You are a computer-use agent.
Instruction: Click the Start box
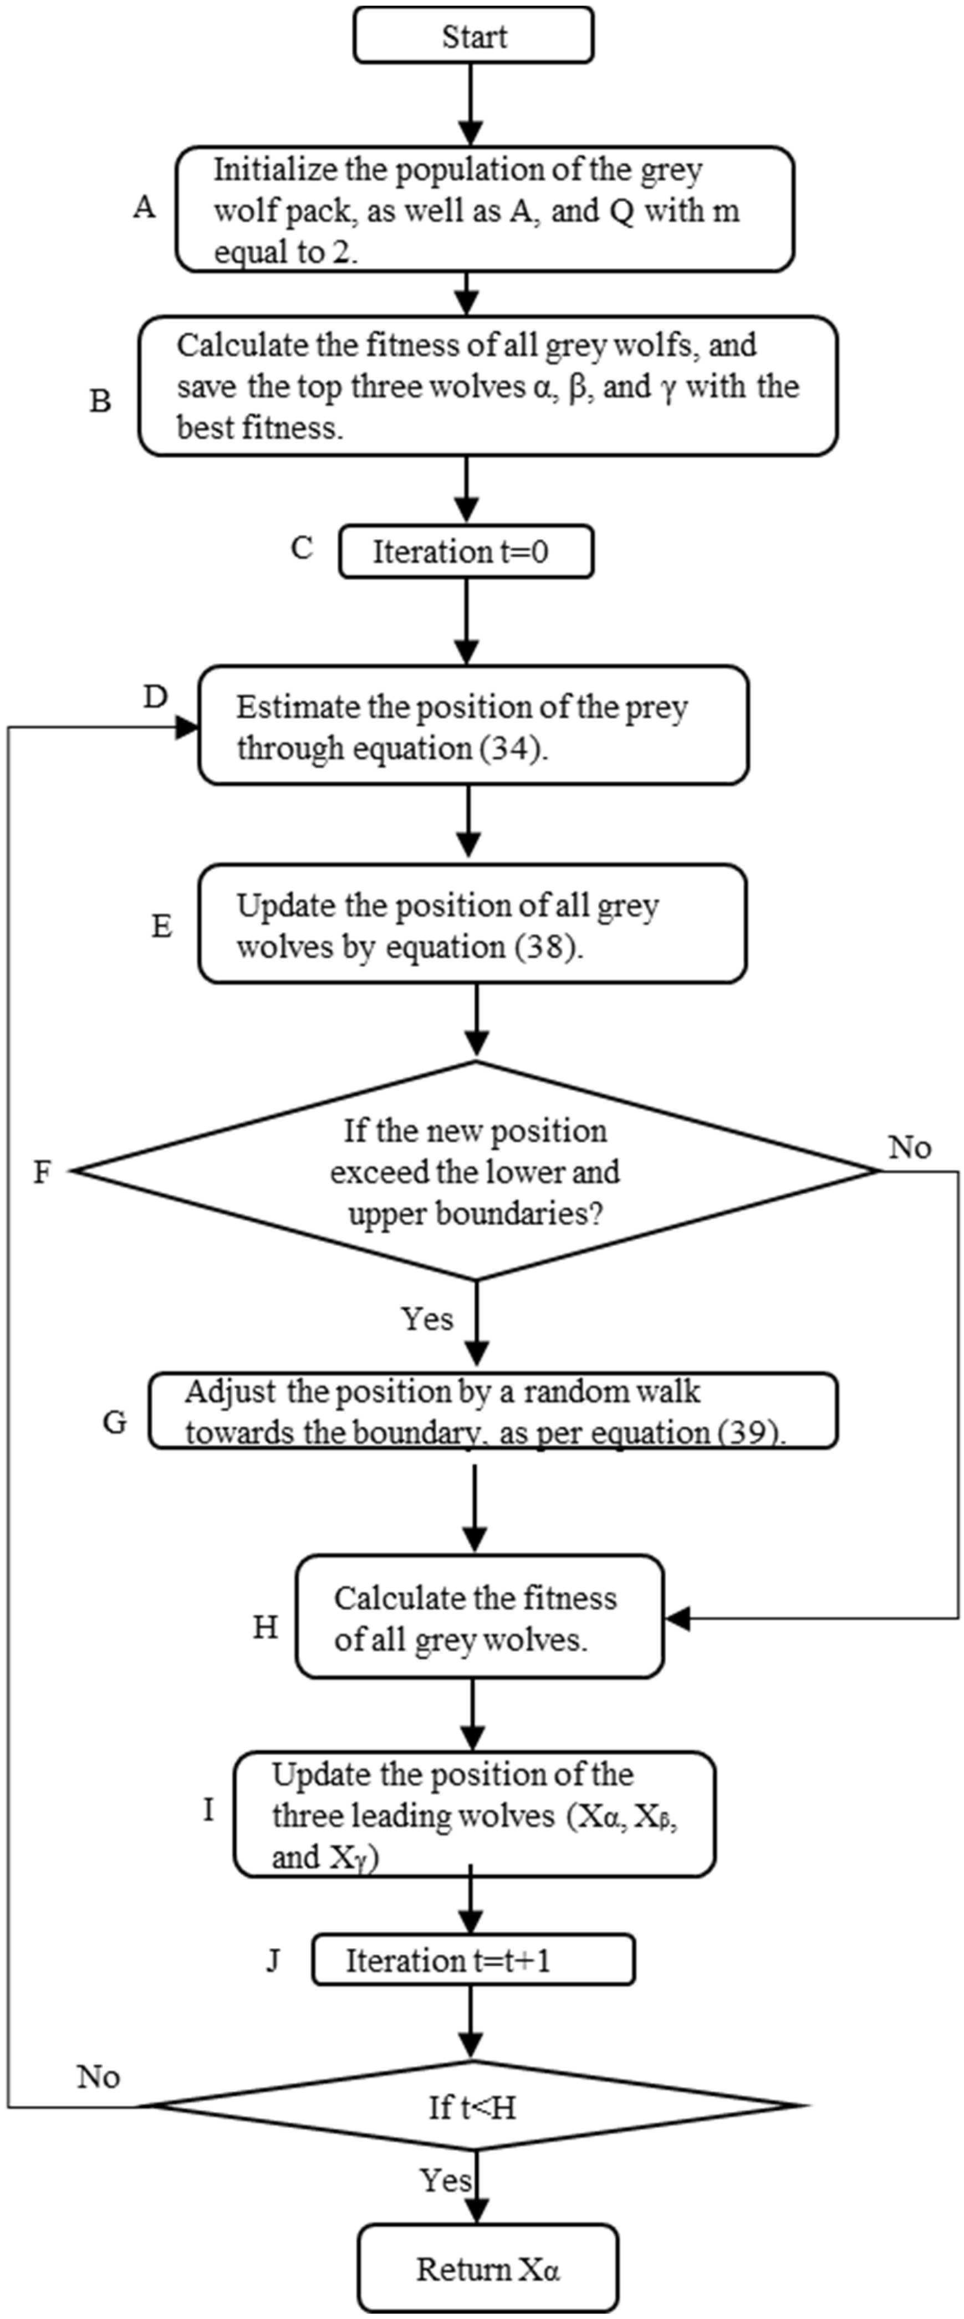[473, 36]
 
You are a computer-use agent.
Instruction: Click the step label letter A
[144, 208]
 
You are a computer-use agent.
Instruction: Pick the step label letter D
[156, 697]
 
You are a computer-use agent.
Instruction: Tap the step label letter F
[42, 1172]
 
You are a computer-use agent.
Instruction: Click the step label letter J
[274, 1960]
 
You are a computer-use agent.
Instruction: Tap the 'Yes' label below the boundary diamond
[427, 1319]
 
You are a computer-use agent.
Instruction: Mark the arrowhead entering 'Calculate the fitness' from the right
[677, 1618]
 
